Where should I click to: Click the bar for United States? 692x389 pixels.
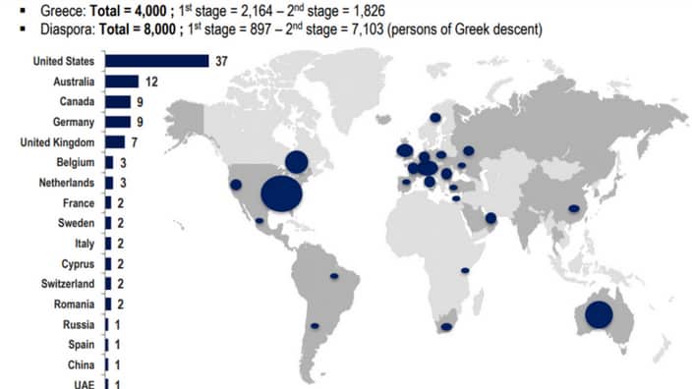click(156, 61)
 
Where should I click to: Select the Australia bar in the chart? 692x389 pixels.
click(121, 82)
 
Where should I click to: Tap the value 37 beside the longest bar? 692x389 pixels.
click(223, 61)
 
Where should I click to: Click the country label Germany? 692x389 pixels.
click(75, 122)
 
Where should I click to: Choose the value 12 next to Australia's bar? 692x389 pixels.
click(151, 82)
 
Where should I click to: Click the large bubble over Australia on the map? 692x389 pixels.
click(599, 314)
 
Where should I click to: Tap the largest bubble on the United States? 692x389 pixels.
click(282, 193)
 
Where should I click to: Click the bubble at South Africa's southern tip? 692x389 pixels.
click(446, 327)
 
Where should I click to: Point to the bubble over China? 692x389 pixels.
click(573, 208)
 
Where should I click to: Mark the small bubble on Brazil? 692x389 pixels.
click(333, 276)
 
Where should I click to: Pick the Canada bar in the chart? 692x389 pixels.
click(118, 102)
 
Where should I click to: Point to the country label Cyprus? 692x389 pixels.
click(78, 264)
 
